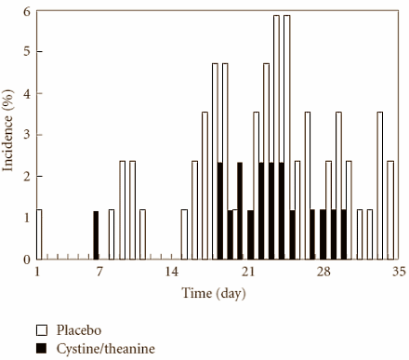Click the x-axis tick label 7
tap(96, 272)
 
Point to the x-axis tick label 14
tap(172, 272)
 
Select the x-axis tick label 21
tap(248, 272)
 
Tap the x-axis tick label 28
tap(324, 272)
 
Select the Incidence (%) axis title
tap(9, 136)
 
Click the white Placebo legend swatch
tap(42, 330)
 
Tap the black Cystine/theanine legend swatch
tap(42, 348)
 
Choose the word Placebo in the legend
tap(77, 330)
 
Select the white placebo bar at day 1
tap(39, 234)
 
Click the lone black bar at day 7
tap(95, 235)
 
